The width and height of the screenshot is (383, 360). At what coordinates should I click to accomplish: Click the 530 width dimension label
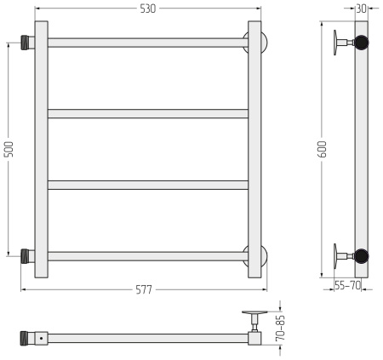[x=148, y=9]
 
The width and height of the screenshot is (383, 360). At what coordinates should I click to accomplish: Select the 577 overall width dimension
[x=144, y=289]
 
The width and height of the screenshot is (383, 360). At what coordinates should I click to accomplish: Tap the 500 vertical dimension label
[x=9, y=149]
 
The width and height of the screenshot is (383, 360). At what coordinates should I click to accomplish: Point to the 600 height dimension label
[x=323, y=149]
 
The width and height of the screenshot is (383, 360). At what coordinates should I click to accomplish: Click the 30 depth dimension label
[x=361, y=9]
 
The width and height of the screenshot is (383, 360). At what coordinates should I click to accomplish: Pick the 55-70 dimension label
[x=347, y=285]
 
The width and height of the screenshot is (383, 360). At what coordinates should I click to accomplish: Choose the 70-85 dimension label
[x=280, y=328]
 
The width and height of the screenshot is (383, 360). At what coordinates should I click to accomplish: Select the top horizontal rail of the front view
[x=148, y=43]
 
